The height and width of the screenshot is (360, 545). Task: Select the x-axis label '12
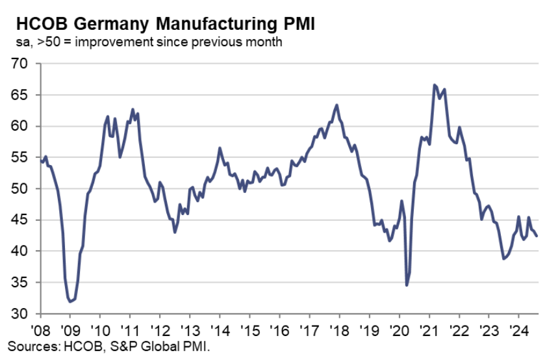click(159, 329)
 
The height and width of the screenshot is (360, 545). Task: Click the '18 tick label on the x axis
click(339, 329)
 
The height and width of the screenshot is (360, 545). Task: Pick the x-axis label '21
click(429, 329)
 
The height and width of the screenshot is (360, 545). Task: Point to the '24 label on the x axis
click(518, 329)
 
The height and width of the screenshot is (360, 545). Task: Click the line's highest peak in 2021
click(434, 84)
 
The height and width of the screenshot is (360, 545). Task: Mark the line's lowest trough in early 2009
click(70, 302)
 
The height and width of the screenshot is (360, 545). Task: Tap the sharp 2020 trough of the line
click(407, 285)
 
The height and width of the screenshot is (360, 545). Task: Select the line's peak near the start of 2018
click(336, 105)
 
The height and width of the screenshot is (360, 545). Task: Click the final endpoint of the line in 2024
click(536, 236)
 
